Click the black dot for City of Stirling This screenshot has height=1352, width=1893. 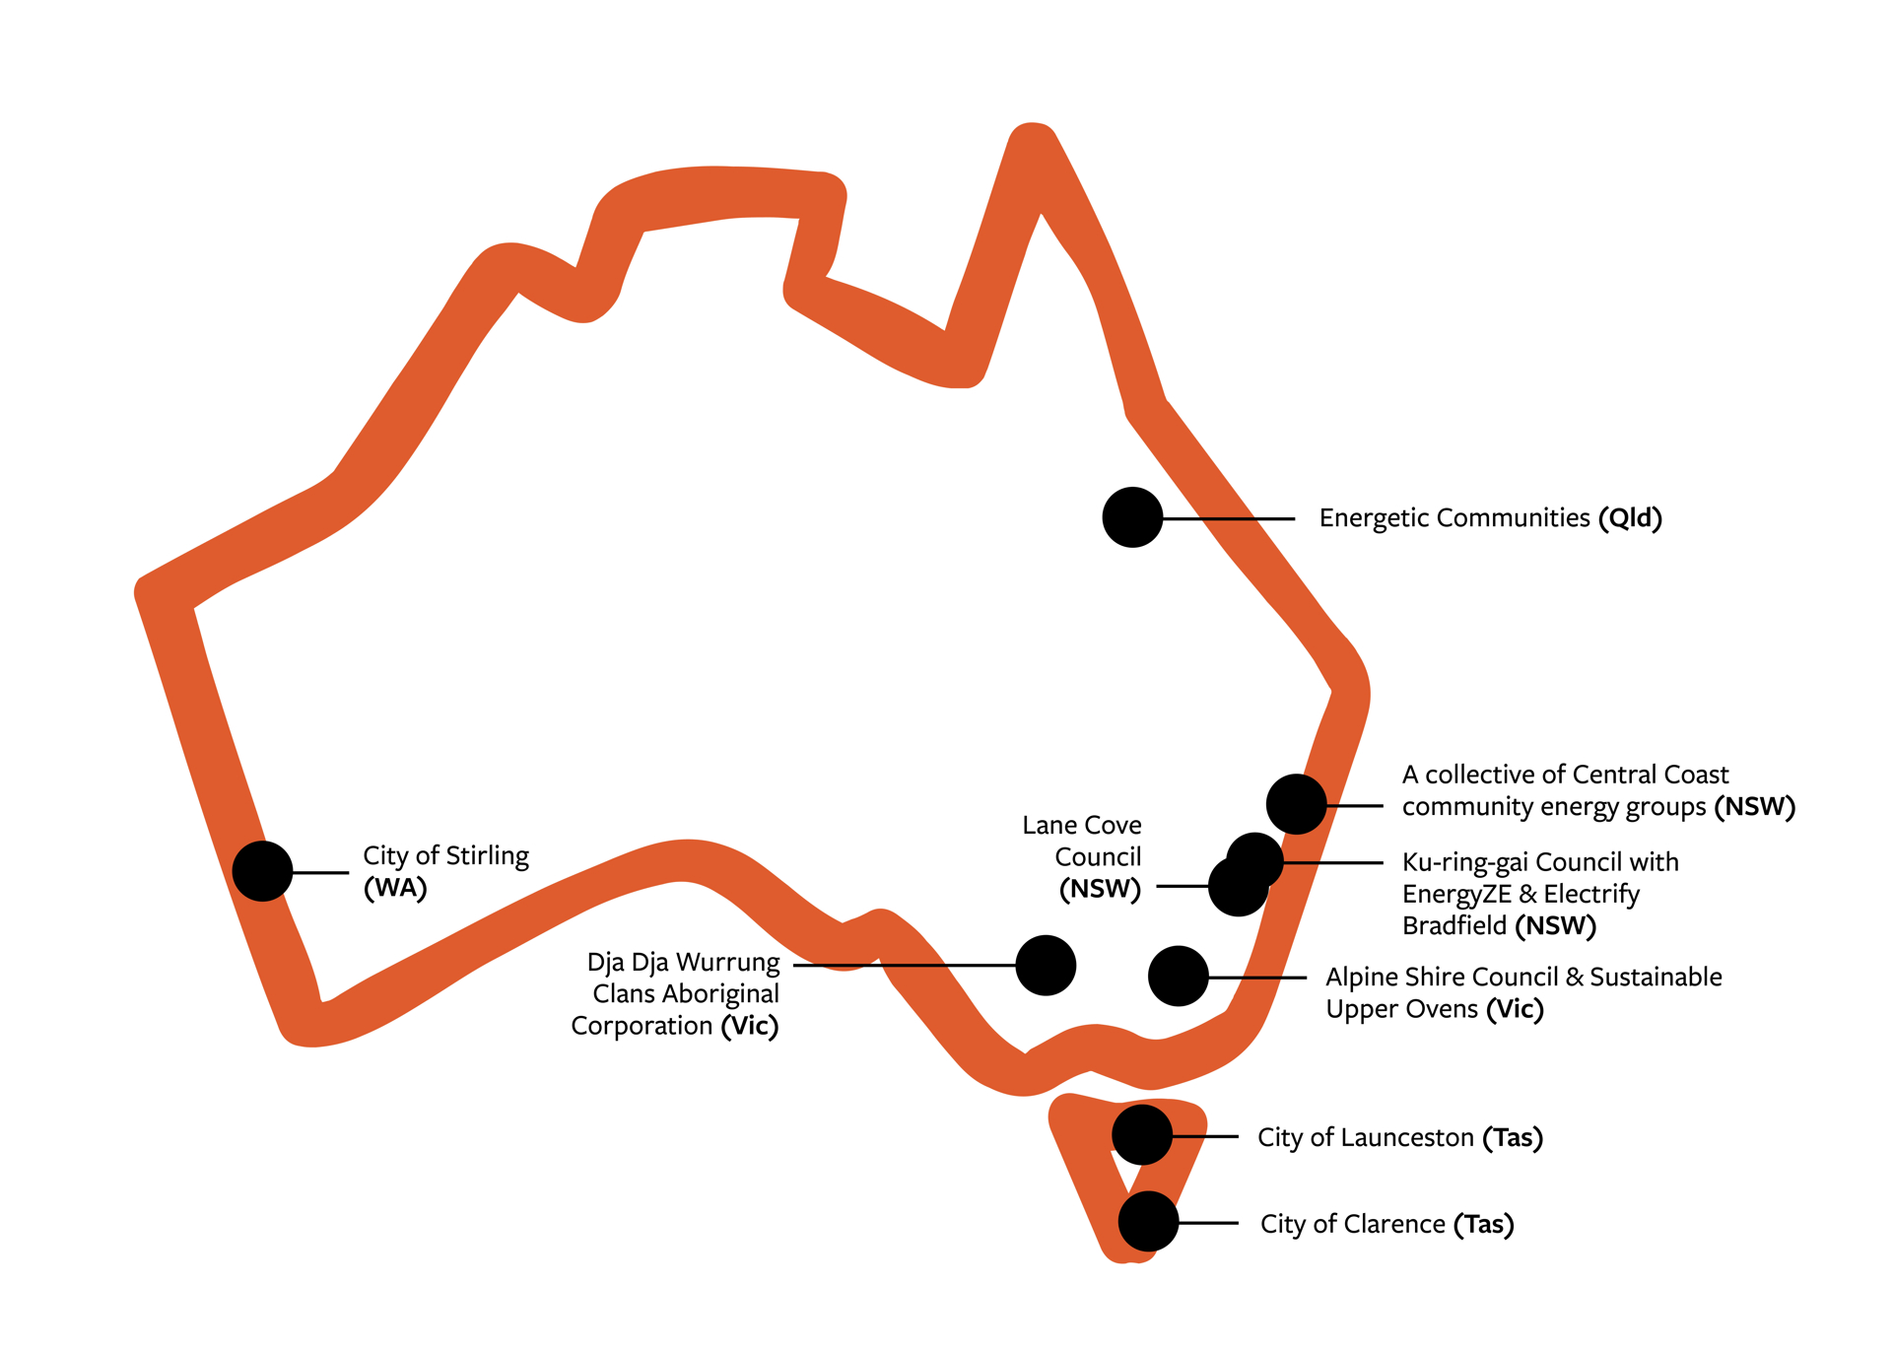(x=262, y=871)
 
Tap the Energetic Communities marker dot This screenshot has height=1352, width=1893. (x=1132, y=517)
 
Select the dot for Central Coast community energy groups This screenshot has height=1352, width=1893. (x=1296, y=804)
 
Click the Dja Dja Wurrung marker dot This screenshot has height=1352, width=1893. (x=1046, y=966)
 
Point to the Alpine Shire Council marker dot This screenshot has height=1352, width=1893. (x=1179, y=977)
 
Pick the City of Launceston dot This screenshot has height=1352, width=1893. (x=1142, y=1135)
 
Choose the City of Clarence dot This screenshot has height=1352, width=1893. (x=1148, y=1222)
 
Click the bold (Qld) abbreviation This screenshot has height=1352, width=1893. (x=1630, y=518)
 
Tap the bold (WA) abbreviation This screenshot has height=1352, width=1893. (x=395, y=888)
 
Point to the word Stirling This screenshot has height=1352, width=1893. (x=488, y=856)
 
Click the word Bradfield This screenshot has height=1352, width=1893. (x=1454, y=926)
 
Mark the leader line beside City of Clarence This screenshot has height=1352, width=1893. (x=1208, y=1223)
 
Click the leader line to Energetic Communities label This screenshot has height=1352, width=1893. (x=1229, y=518)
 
